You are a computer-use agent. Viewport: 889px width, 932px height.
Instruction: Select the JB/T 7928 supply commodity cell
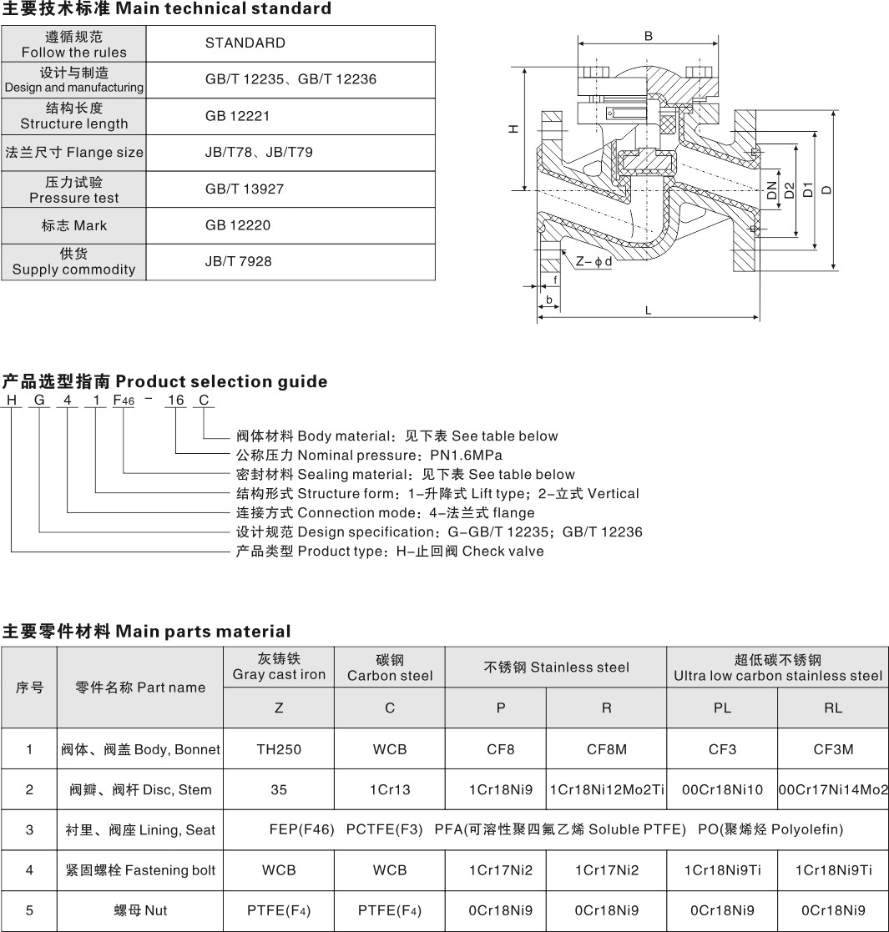(238, 261)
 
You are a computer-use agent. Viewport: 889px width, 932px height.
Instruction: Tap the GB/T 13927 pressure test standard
(245, 189)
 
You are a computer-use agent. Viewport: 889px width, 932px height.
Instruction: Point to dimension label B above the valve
(648, 35)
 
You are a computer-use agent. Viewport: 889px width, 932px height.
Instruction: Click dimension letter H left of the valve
(514, 128)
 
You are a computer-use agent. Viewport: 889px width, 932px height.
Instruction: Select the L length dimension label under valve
(648, 310)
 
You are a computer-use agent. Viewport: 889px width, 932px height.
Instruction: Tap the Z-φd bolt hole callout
(594, 261)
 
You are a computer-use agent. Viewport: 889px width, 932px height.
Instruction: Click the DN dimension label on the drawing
(771, 190)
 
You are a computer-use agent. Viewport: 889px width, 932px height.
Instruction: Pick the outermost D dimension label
(826, 190)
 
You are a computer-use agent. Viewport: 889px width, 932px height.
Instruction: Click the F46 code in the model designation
(122, 401)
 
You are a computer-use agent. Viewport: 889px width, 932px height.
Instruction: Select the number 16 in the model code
(175, 401)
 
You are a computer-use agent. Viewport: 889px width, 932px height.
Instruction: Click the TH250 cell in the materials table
(279, 749)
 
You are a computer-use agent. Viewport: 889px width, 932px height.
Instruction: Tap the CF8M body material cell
(606, 749)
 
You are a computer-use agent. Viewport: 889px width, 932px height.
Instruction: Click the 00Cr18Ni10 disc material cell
(722, 789)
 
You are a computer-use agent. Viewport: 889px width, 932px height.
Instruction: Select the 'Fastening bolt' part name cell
(140, 870)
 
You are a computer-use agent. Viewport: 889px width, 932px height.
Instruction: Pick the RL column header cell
(832, 708)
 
